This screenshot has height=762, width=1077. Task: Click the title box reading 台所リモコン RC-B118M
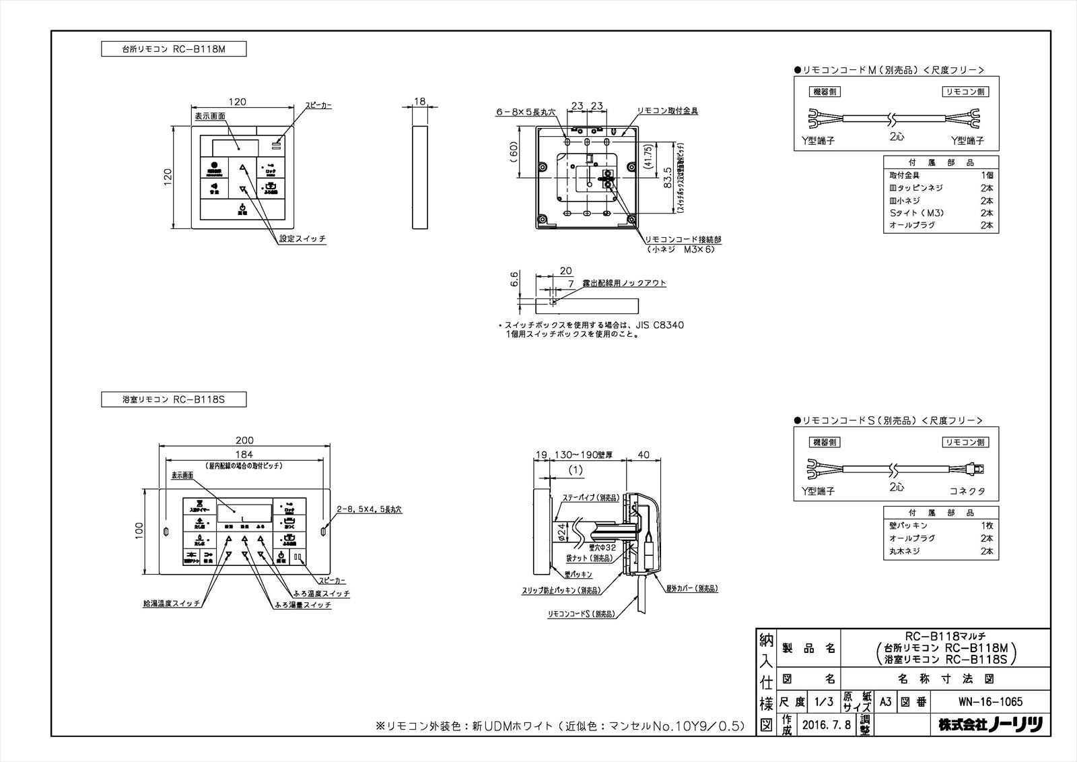(x=174, y=49)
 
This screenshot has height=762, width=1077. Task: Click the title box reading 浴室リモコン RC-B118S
(x=174, y=400)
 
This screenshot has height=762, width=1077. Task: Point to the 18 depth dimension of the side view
(x=420, y=102)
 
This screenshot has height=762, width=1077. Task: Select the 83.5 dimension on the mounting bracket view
(x=666, y=177)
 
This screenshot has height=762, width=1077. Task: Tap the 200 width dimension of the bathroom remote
(x=244, y=441)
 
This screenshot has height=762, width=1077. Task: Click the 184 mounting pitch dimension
(x=244, y=454)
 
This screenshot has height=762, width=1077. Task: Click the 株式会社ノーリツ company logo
(x=990, y=726)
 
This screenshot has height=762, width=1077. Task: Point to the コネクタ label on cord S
(x=967, y=491)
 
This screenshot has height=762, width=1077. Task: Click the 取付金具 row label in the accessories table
(x=904, y=174)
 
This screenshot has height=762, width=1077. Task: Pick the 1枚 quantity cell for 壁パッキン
(x=987, y=526)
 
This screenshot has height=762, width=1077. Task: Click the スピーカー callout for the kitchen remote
(x=318, y=106)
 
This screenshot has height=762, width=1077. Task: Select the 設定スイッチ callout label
(x=303, y=239)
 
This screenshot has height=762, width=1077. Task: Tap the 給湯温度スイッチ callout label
(x=172, y=604)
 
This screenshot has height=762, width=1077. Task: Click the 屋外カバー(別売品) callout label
(x=692, y=588)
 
